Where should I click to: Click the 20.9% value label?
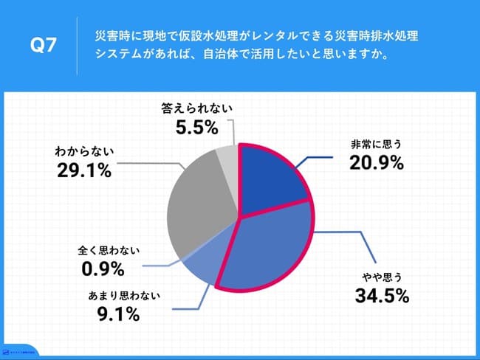[x=377, y=164]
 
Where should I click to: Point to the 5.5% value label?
[x=196, y=128]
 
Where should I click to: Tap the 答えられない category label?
[x=196, y=108]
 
